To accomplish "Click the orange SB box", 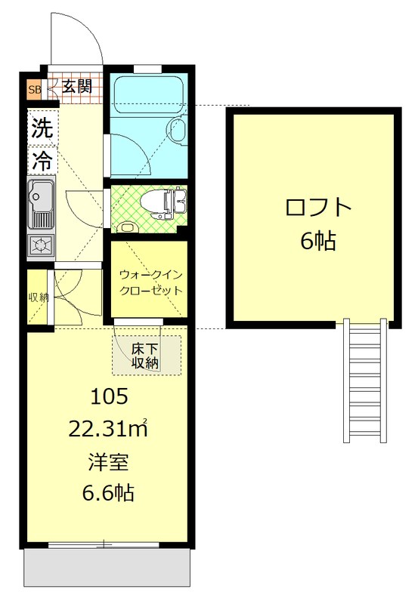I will (x=34, y=90).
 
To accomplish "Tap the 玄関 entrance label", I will (x=76, y=87).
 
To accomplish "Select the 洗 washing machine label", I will (x=42, y=129).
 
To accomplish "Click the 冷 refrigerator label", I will (x=42, y=159).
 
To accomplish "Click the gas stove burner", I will (x=41, y=245).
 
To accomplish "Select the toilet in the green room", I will (x=169, y=202).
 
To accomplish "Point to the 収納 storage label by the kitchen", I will (x=39, y=297).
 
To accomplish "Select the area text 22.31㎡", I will (x=108, y=429).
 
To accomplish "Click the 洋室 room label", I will (x=107, y=462).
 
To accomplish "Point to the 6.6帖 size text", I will (x=108, y=494).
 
